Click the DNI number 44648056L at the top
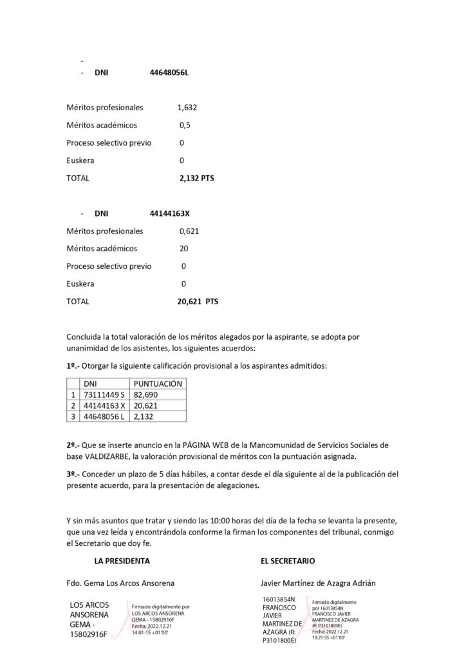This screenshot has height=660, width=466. (169, 73)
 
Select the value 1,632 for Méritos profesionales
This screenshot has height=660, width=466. (187, 108)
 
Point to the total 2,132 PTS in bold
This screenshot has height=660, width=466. (196, 178)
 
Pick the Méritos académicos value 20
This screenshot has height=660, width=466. (184, 248)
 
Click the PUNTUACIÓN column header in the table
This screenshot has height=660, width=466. (158, 383)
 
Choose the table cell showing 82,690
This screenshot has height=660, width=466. (145, 394)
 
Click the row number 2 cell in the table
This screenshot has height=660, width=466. (73, 405)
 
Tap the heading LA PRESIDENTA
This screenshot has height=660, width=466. (122, 561)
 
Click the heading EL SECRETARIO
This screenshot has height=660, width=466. (288, 561)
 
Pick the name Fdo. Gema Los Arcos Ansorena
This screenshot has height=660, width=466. (120, 583)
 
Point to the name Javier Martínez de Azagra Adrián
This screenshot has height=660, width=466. (318, 583)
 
